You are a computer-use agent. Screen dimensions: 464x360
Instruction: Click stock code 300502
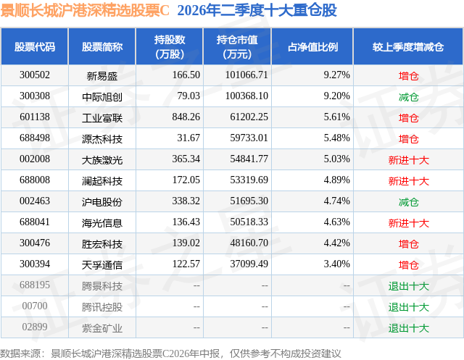point(35,75)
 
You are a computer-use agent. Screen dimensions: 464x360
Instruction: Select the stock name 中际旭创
point(101,96)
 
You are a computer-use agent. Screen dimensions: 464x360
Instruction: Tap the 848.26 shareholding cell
point(186,117)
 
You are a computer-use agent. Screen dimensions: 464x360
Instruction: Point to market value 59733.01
point(249,138)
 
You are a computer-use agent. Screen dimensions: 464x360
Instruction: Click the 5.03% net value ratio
point(336,159)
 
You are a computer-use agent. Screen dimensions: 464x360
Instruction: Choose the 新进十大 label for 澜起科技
point(408,181)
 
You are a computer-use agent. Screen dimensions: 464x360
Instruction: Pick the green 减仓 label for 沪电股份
point(408,202)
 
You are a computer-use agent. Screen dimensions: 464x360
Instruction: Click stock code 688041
point(35,222)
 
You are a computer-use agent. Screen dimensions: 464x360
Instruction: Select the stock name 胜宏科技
point(101,244)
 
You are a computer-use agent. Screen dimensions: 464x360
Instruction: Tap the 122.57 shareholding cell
point(186,264)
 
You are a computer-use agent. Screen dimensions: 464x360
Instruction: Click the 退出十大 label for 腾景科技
point(408,286)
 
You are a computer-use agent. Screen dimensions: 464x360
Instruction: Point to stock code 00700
point(35,306)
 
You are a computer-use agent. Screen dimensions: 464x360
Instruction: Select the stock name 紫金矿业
point(101,328)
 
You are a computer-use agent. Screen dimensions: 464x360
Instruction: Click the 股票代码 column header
point(35,46)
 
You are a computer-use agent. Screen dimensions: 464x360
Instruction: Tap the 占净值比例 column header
point(312,46)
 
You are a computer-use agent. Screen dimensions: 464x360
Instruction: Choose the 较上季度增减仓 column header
point(408,46)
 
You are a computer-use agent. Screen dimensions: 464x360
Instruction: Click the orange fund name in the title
point(85,10)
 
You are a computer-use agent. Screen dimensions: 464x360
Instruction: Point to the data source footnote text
point(170,353)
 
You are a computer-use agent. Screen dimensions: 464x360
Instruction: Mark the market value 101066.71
point(246,75)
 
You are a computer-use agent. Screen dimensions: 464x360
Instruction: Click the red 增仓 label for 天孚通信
point(408,265)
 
